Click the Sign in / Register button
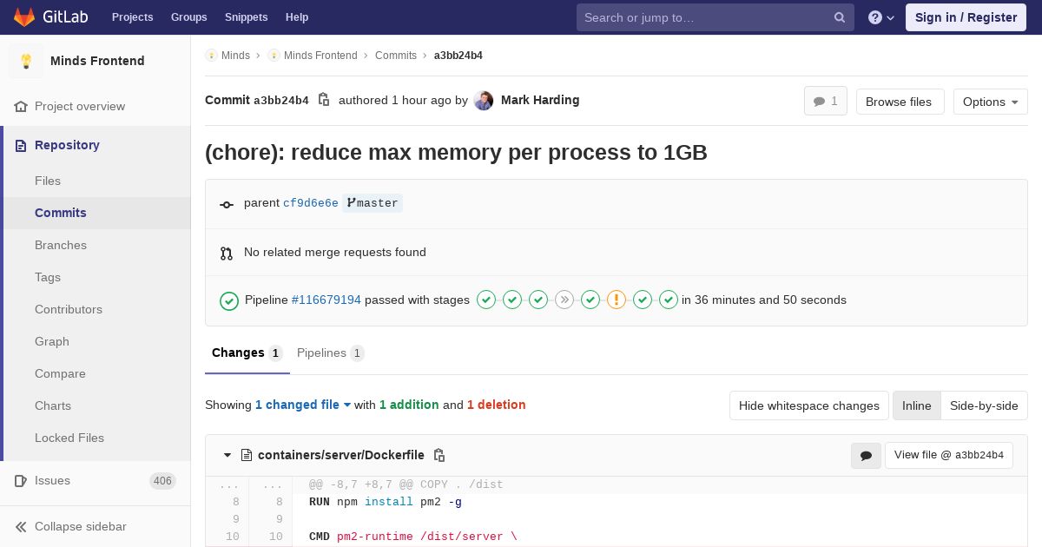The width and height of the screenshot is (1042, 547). pyautogui.click(x=966, y=17)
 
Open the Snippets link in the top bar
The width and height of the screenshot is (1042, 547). pyautogui.click(x=246, y=17)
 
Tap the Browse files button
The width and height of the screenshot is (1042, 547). pyautogui.click(x=900, y=102)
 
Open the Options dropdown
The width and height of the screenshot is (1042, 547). pyautogui.click(x=990, y=102)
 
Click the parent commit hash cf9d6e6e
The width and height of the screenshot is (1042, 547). pyautogui.click(x=311, y=203)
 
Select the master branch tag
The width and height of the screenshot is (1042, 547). pyautogui.click(x=373, y=203)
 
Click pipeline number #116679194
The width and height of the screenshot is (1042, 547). pyautogui.click(x=326, y=300)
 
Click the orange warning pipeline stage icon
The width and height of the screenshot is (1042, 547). pyautogui.click(x=617, y=300)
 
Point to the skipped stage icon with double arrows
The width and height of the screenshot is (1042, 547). pyautogui.click(x=564, y=300)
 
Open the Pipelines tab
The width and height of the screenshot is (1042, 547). pyautogui.click(x=330, y=353)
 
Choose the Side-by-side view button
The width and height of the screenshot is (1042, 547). pyautogui.click(x=984, y=405)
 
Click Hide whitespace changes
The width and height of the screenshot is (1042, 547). pyautogui.click(x=809, y=405)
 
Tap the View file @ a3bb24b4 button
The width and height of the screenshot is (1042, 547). pyautogui.click(x=948, y=455)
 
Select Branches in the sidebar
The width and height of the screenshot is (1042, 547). pyautogui.click(x=61, y=245)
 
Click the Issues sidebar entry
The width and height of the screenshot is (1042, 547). pyautogui.click(x=52, y=480)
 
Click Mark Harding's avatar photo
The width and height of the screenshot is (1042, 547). pyautogui.click(x=484, y=101)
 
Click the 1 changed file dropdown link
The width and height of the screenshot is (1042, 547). pyautogui.click(x=302, y=405)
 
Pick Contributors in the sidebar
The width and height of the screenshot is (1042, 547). pyautogui.click(x=69, y=309)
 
